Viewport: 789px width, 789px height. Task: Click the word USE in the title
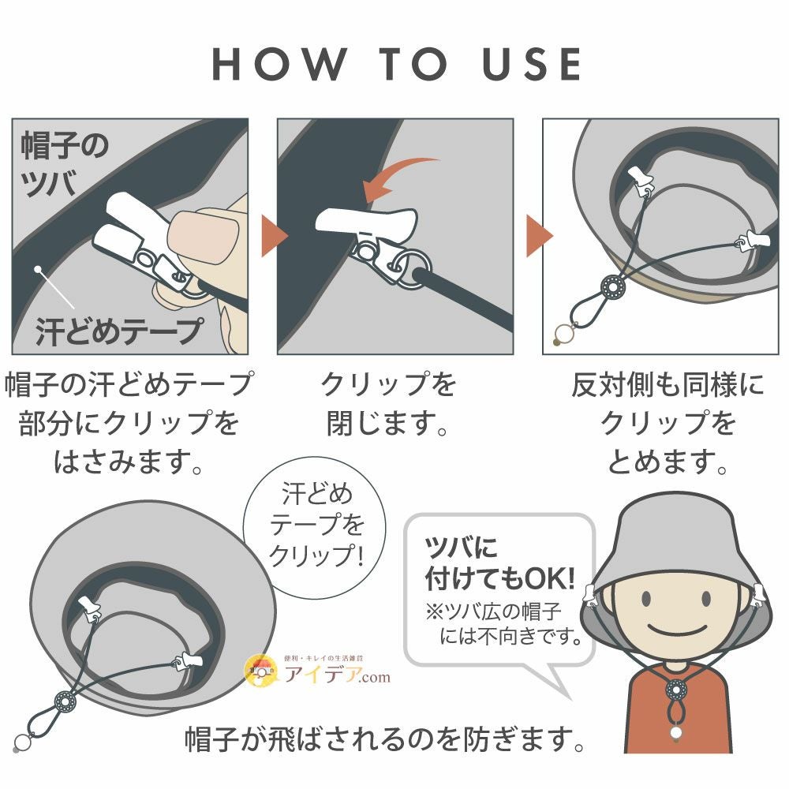pos(532,64)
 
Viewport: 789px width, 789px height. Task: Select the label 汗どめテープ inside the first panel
pos(120,332)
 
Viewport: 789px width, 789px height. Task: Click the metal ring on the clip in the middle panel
pos(412,270)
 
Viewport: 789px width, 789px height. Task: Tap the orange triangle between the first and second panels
pos(274,235)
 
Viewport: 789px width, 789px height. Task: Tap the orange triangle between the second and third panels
pos(539,235)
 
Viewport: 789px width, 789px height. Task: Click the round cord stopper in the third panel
pos(613,288)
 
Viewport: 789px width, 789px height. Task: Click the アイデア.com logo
pos(317,670)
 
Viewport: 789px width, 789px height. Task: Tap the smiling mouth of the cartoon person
pos(676,630)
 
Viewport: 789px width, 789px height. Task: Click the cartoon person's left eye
pos(646,599)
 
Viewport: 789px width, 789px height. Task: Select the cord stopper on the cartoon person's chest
pos(675,690)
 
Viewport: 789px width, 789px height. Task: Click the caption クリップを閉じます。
pos(388,403)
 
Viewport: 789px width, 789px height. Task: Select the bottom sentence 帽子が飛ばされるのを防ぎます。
pos(385,739)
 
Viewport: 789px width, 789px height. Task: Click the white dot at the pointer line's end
pos(37,270)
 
